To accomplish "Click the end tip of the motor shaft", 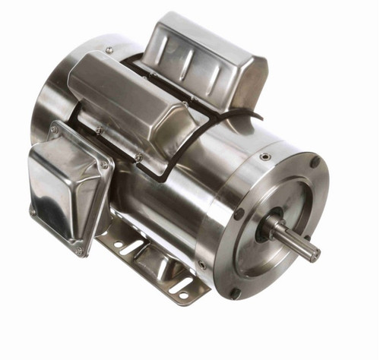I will click(315, 254).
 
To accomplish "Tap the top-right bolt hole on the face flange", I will click(314, 162).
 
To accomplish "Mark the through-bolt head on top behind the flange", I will click(264, 157).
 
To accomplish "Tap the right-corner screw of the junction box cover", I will click(105, 163).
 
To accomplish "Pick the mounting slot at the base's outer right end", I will click(183, 286).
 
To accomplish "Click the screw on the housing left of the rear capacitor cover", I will click(109, 51).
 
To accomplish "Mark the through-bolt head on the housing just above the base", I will click(201, 265).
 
